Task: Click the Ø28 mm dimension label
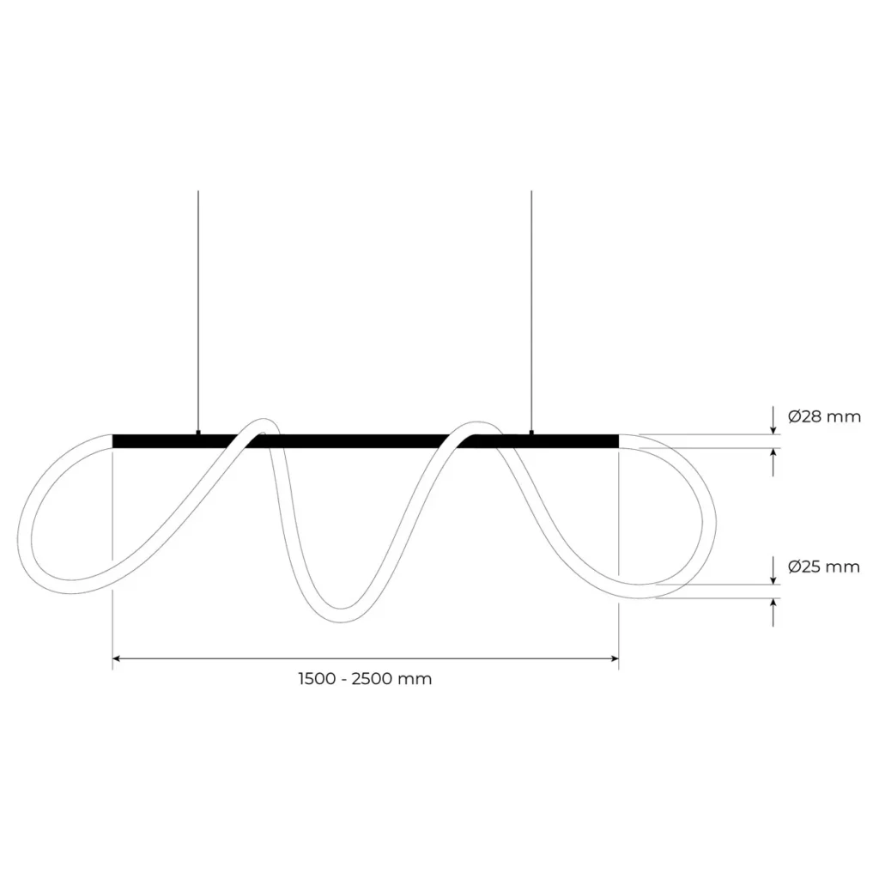click(823, 417)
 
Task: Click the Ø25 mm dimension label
click(823, 567)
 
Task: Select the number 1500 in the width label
click(317, 679)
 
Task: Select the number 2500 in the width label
click(375, 679)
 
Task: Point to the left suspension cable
click(198, 309)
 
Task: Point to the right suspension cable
click(531, 309)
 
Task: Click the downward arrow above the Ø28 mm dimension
click(774, 426)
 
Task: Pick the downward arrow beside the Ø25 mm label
click(774, 575)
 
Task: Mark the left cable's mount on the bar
click(198, 433)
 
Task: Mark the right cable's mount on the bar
click(531, 433)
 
